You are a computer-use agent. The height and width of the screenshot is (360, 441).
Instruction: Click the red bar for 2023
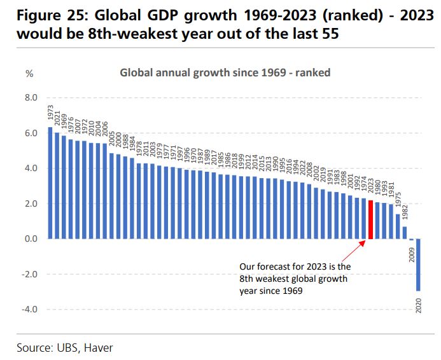tap(370, 219)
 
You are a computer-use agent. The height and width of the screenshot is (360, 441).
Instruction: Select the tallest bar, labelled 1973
tap(50, 183)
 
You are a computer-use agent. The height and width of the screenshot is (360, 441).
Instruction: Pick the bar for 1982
tap(405, 233)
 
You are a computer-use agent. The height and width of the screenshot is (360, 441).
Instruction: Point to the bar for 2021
tap(57, 186)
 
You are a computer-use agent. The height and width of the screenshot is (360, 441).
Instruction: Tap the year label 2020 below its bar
tap(418, 305)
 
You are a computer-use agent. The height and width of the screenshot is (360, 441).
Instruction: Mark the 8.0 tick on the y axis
tap(31, 98)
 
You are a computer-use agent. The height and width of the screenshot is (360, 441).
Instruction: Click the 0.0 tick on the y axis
tap(31, 239)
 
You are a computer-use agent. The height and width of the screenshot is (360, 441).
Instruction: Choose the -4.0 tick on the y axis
tap(30, 310)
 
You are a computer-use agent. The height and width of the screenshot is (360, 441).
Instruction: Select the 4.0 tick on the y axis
tap(31, 169)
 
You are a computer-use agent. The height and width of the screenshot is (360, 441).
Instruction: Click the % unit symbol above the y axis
tap(29, 73)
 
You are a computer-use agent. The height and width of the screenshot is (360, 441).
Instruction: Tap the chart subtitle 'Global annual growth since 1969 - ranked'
tap(225, 73)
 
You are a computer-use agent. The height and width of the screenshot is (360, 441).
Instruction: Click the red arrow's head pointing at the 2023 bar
tap(365, 242)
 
